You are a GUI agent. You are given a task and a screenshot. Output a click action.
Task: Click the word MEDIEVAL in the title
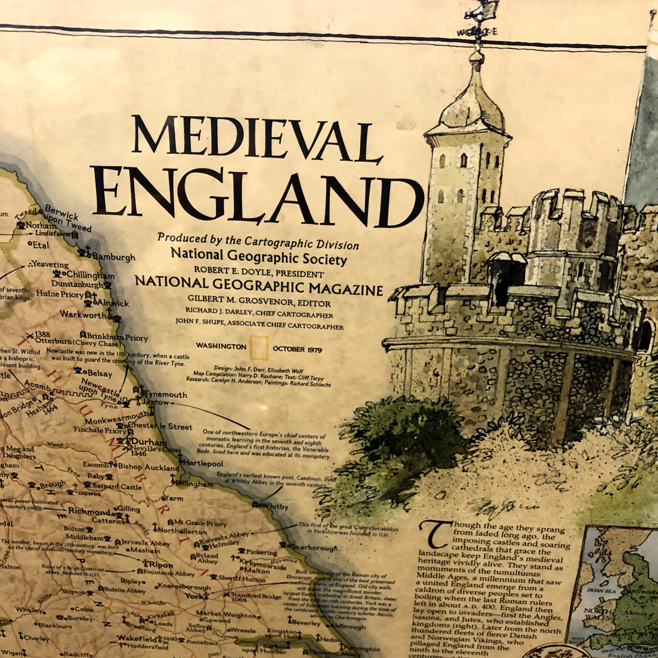pos(256,140)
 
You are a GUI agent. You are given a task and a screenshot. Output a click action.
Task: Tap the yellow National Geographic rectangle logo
pos(259,347)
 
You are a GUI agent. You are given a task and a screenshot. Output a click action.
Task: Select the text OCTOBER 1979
pos(297,349)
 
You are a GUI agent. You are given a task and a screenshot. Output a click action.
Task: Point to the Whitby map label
pos(274,506)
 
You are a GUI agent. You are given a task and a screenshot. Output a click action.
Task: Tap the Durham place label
pos(149,442)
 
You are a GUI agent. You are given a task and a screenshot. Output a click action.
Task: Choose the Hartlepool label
pos(203,463)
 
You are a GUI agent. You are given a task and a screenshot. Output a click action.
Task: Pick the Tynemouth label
pos(166,394)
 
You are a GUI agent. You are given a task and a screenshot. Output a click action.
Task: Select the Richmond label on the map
pos(89,511)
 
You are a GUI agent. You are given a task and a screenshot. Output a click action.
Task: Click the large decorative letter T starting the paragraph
pos(435,534)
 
